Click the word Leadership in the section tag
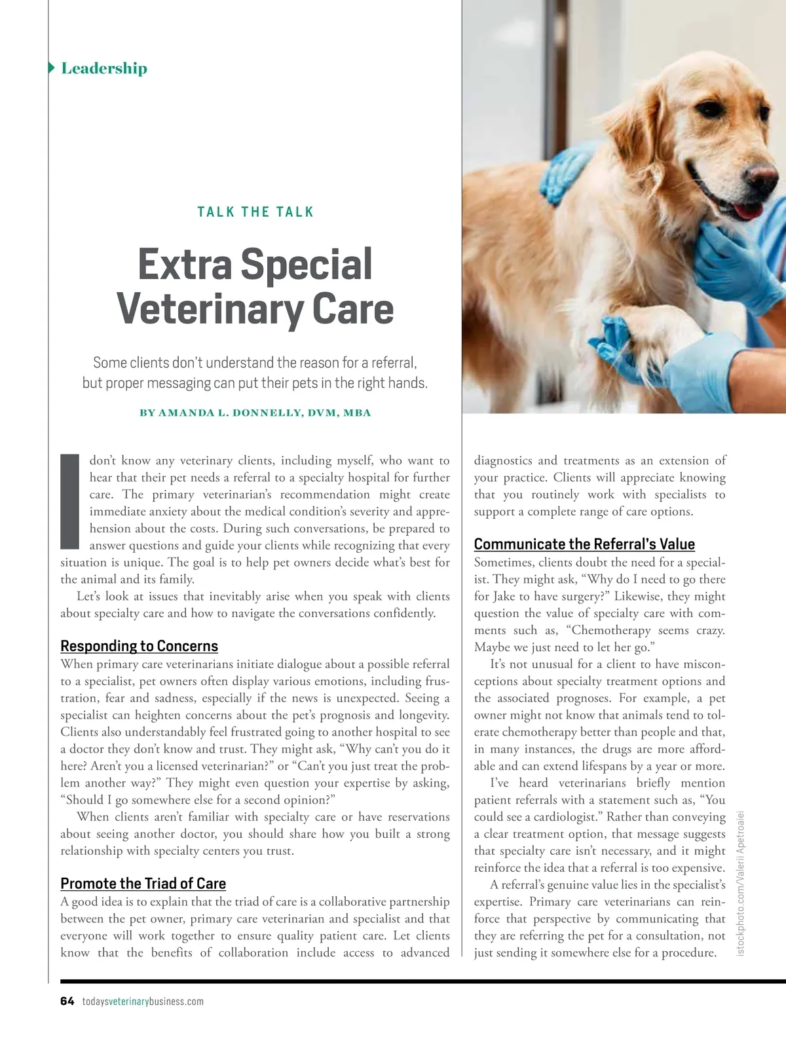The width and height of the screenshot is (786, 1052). (104, 68)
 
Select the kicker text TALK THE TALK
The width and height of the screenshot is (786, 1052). (255, 212)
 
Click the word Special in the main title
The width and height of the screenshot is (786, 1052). (307, 264)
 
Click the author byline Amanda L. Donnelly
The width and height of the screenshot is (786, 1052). (255, 413)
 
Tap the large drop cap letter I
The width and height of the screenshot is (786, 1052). (69, 501)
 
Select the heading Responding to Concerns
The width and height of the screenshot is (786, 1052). (139, 646)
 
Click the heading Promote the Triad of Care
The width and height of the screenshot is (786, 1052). (143, 884)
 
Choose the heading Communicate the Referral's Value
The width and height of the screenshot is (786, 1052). (584, 544)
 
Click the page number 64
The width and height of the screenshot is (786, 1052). (67, 1001)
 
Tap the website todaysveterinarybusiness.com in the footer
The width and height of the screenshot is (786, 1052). (143, 1001)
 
